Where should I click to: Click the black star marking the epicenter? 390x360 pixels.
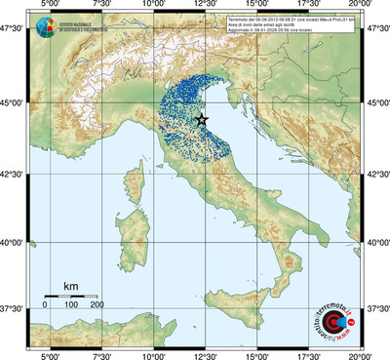pyautogui.click(x=202, y=120)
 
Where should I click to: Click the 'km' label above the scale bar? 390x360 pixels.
pyautogui.click(x=70, y=286)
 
